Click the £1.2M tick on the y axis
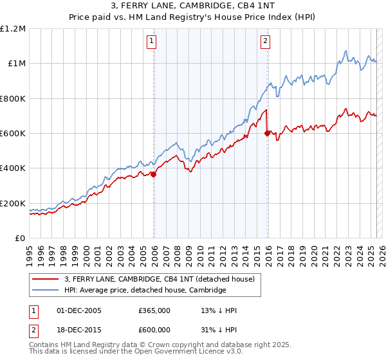pyautogui.click(x=13, y=28)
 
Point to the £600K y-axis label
pyautogui.click(x=13, y=133)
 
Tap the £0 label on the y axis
pyautogui.click(x=21, y=238)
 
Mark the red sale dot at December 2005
pyautogui.click(x=154, y=174)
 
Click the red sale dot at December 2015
pyautogui.click(x=267, y=133)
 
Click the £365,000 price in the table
pyautogui.click(x=154, y=310)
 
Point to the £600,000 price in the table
pyautogui.click(x=154, y=330)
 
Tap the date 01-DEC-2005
pyautogui.click(x=79, y=310)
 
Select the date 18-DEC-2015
pyautogui.click(x=79, y=330)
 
